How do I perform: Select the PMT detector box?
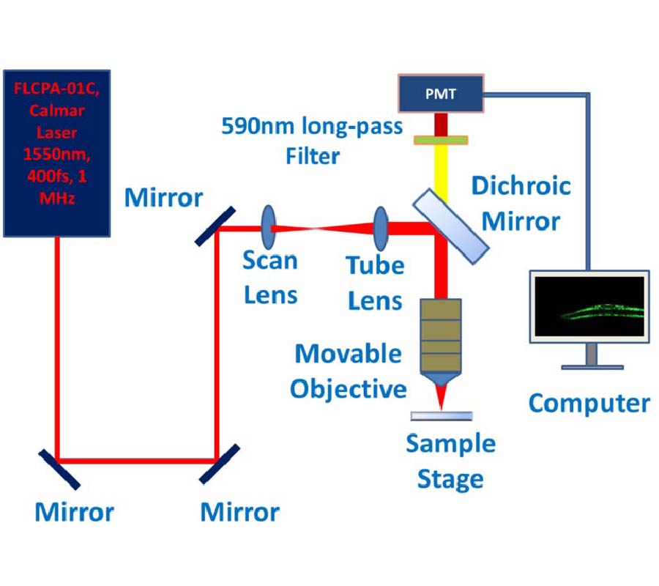tap(440, 93)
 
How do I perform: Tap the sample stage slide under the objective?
tap(441, 416)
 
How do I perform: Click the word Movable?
tap(348, 355)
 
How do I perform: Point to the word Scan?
tap(269, 261)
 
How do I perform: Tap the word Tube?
tap(375, 266)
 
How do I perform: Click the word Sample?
tap(450, 444)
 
